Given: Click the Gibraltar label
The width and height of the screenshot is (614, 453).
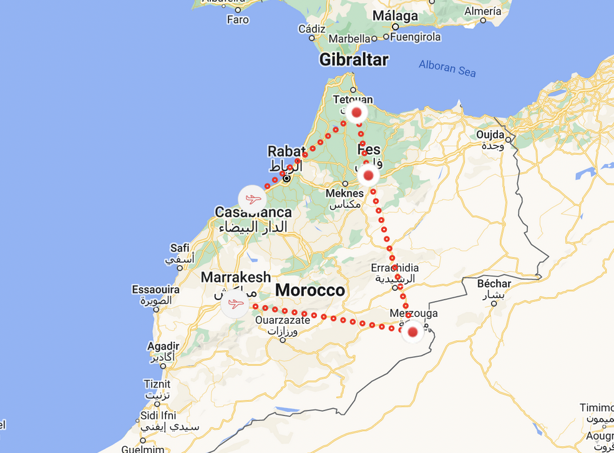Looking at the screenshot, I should pos(354,59).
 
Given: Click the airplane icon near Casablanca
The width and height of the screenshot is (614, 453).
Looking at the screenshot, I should pos(252,199).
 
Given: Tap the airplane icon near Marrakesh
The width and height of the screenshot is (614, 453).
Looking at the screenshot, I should pos(235,304).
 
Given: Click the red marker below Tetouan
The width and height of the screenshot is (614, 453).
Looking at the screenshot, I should pos(357,113).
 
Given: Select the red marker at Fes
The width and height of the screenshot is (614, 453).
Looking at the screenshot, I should pos(368,176).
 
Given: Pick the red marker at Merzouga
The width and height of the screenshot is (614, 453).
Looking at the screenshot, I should pos(412,332).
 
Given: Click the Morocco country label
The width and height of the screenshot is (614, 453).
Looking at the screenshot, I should pos(309,290).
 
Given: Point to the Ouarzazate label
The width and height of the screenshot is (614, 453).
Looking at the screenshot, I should pos(283,320).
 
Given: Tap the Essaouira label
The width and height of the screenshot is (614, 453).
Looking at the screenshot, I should pos(155,290).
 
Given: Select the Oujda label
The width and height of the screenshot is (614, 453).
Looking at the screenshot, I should pos(490,134).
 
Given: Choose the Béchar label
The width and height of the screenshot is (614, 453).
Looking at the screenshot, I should pos(494,284).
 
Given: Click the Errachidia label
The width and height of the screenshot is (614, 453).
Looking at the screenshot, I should pos(394,268).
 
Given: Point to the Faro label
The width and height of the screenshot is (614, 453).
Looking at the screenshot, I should pos(238,19).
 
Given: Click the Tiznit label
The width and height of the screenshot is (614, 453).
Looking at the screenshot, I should pos(157,384).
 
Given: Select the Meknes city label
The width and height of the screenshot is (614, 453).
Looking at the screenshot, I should pos(344,193).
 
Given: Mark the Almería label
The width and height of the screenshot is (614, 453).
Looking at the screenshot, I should pos(483,11).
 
